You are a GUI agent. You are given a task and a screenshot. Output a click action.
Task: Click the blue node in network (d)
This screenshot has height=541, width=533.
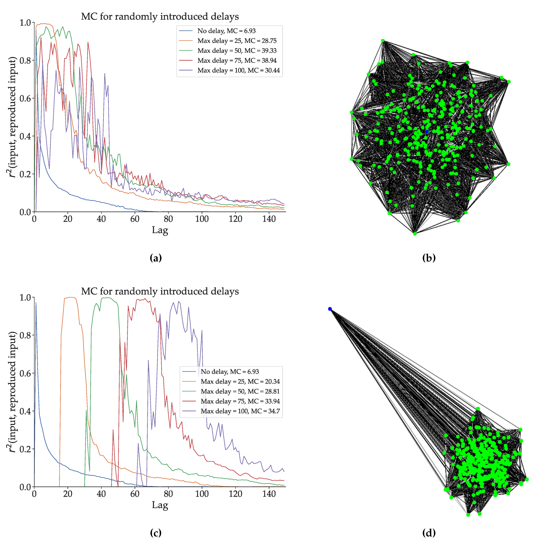(x=330, y=309)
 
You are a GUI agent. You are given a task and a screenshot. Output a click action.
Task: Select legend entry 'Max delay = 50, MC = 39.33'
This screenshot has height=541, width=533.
(x=237, y=51)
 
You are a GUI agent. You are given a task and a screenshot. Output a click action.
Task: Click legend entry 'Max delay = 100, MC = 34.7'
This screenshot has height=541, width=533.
(x=240, y=411)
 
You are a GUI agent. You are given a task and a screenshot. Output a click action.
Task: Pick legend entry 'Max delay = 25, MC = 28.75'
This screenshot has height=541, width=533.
(x=237, y=41)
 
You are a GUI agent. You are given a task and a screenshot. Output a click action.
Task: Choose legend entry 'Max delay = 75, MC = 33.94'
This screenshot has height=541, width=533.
(x=240, y=401)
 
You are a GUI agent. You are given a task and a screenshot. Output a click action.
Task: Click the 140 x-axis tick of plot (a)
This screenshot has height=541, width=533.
(x=269, y=219)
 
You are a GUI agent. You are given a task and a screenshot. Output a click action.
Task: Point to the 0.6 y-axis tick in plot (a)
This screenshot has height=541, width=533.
(x=25, y=98)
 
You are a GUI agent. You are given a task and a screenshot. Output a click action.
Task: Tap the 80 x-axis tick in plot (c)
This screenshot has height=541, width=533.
(x=168, y=494)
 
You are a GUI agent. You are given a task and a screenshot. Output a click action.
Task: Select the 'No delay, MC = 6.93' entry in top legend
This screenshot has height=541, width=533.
(x=226, y=31)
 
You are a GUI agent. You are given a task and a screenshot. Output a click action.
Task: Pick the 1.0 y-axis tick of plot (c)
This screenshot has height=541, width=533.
(x=25, y=297)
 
